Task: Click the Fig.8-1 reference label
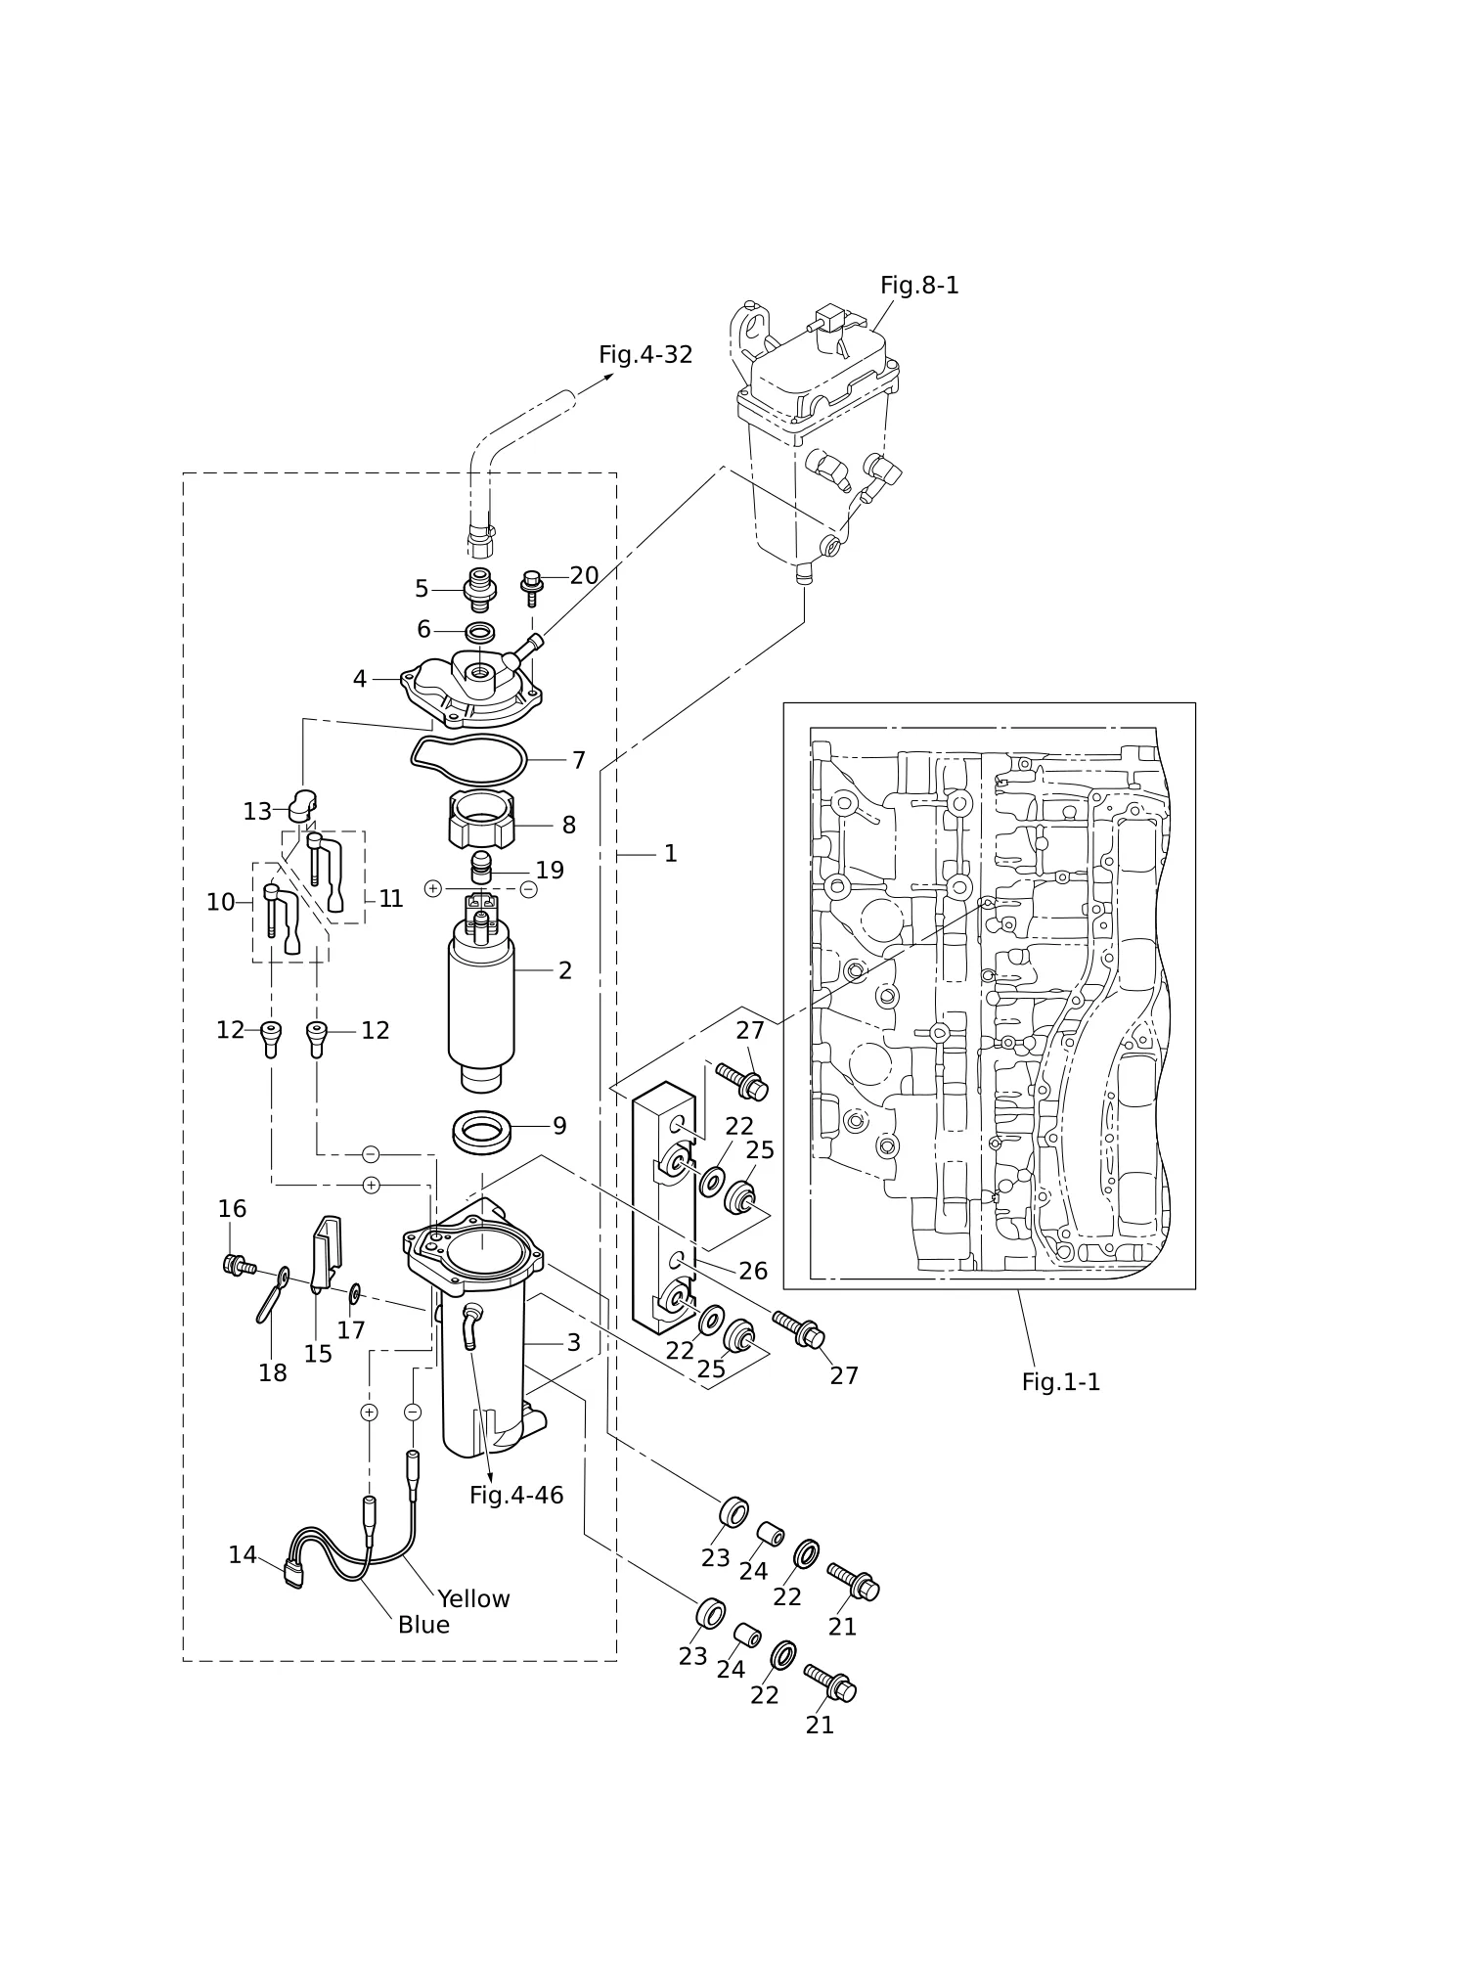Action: point(919,286)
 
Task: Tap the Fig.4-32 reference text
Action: point(645,355)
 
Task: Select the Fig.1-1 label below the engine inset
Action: point(1061,1382)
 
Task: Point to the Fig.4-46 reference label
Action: point(516,1495)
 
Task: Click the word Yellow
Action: point(473,1598)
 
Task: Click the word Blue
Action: point(423,1625)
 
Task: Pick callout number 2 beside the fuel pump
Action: point(565,970)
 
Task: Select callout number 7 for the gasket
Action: point(579,760)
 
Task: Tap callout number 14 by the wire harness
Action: point(243,1554)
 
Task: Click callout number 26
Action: point(753,1271)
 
